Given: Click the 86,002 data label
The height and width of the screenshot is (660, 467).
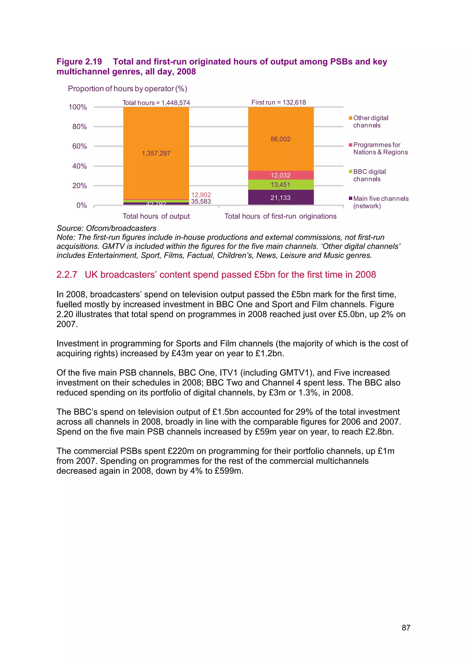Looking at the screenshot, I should tap(280, 139).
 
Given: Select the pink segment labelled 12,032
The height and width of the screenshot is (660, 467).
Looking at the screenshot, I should tap(280, 175).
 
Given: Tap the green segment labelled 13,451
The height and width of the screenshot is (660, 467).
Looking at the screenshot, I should tap(280, 185).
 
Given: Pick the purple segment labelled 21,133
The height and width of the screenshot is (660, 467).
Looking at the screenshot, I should tap(280, 198).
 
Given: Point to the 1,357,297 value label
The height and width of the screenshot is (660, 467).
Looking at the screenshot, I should tap(156, 153).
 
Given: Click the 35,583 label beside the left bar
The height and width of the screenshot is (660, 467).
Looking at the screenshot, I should tap(201, 201).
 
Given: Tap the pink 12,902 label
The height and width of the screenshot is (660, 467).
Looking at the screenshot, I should tap(201, 195).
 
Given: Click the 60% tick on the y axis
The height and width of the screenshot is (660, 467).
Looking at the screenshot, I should tap(79, 146).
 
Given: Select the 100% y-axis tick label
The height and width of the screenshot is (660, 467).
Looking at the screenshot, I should tap(78, 107).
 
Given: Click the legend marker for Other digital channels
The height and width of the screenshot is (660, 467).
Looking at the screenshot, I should tap(350, 118).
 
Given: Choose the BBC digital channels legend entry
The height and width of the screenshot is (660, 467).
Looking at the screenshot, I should tap(369, 175).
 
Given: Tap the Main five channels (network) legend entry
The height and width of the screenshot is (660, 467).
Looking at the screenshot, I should tap(380, 202).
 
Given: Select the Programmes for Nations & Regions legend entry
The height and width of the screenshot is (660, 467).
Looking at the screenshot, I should tap(380, 148).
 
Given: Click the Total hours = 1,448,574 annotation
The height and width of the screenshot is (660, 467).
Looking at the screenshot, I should tap(156, 103).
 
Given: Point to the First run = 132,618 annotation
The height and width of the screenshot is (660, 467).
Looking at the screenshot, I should tap(278, 102).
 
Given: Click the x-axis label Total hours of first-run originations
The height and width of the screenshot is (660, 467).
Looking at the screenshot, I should tap(280, 216).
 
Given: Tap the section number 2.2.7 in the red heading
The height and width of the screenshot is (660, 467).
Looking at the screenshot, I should tap(67, 275).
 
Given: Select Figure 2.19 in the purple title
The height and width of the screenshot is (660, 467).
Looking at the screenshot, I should tap(79, 62).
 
